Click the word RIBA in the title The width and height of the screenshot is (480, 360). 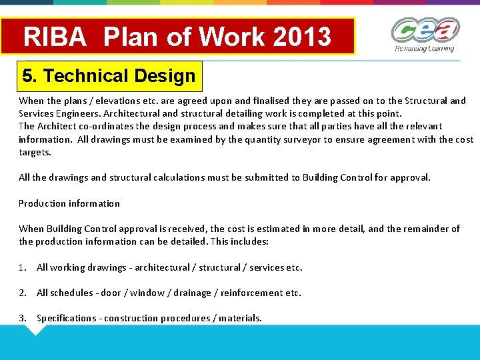click(55, 37)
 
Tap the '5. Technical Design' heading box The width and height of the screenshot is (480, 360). click(109, 76)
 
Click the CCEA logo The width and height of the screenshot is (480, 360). click(425, 31)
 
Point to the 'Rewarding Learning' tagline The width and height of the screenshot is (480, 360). click(425, 49)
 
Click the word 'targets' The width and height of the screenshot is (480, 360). click(35, 152)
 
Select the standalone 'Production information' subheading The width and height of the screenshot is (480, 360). click(69, 203)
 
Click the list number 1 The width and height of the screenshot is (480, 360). click(23, 267)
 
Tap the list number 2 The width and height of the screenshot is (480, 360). click(23, 293)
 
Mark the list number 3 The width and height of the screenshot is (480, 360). click(23, 318)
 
